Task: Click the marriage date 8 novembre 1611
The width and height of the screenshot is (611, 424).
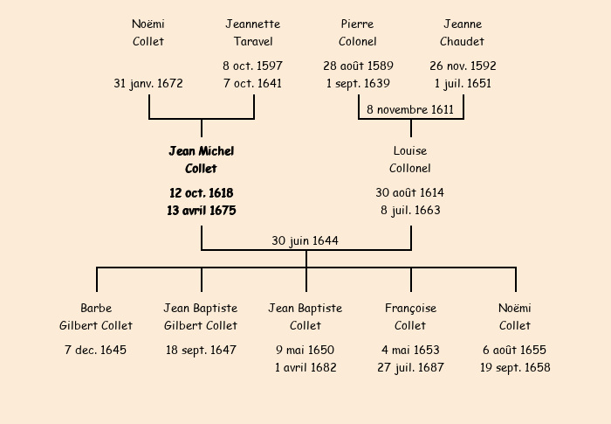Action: pos(410,110)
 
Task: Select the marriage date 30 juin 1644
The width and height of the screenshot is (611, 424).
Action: pos(305,240)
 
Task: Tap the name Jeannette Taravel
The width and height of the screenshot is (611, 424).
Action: pos(253,33)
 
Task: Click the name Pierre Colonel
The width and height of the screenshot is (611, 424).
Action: pos(358,33)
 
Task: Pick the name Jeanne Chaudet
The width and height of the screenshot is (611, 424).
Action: pos(463,33)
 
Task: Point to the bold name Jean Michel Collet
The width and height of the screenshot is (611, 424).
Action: pos(202,160)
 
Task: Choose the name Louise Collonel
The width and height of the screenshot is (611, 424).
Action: pos(410,160)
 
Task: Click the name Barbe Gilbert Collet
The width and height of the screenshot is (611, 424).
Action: pos(96,317)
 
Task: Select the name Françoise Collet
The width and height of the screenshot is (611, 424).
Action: pos(410,317)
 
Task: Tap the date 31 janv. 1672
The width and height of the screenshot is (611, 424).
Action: pos(148,84)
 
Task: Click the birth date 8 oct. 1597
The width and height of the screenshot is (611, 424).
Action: pos(253,66)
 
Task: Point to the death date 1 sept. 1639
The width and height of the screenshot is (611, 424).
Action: pos(358,84)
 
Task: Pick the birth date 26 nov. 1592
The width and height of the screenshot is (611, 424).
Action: pos(463,66)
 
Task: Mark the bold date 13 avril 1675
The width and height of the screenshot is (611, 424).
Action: pos(202,211)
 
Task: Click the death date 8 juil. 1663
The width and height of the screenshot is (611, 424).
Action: pos(410,211)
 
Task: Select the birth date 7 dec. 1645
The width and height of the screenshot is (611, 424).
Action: pos(96,351)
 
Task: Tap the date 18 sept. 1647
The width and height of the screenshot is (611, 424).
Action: pos(201,351)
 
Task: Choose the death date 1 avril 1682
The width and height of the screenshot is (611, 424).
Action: pos(305,368)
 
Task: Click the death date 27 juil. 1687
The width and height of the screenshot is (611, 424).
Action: pos(410,368)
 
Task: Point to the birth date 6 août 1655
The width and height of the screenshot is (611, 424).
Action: pos(515,351)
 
